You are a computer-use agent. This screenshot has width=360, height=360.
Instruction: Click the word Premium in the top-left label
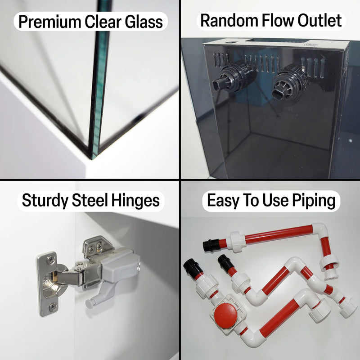tap(50, 22)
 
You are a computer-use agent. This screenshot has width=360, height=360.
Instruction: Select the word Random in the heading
tap(229, 20)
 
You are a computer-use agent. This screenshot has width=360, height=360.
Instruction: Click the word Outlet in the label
tap(319, 20)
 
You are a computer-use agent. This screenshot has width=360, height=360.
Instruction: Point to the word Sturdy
tap(45, 201)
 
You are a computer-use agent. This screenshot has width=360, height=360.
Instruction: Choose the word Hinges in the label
tap(135, 200)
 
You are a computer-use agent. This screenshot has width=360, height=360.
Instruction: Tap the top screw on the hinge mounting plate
tap(50, 260)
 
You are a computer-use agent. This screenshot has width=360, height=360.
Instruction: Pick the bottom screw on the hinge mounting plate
tap(53, 306)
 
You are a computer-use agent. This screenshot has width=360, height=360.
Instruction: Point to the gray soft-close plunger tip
tap(89, 304)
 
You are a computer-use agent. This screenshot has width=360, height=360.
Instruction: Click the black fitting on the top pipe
tap(211, 245)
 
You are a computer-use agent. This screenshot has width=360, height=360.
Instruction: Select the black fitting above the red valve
tap(193, 267)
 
